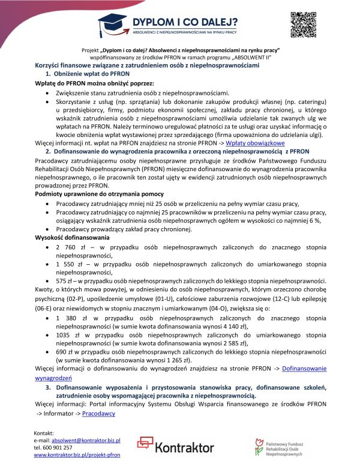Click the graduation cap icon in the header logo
[x=112, y=22]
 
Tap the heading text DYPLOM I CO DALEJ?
[x=191, y=18]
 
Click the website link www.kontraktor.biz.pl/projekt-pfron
[x=77, y=455]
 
